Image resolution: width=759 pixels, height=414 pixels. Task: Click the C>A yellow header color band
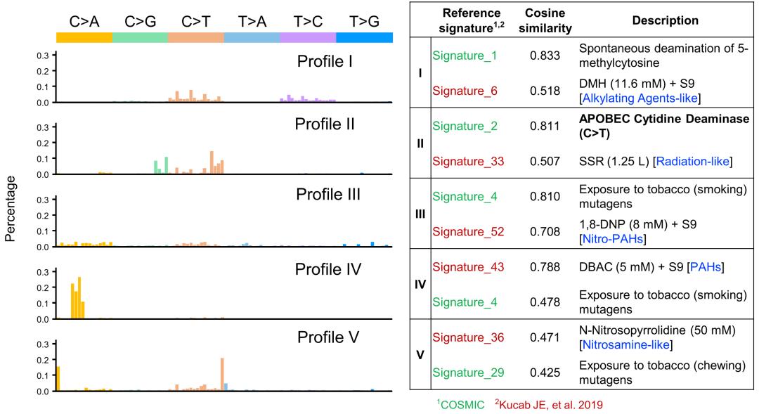coord(84,37)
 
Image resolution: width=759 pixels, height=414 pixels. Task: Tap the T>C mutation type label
coord(309,21)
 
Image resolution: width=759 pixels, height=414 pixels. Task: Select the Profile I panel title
coord(324,61)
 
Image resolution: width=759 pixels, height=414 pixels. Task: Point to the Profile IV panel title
coord(327,269)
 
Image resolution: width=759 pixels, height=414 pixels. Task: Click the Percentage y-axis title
coord(10,209)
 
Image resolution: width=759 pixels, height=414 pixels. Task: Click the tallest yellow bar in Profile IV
coord(79,298)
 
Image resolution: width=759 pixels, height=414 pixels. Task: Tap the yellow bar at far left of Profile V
coord(58,379)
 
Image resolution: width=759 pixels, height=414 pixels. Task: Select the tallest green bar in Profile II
coord(166,165)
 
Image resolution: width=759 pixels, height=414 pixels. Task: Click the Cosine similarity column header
coord(545,21)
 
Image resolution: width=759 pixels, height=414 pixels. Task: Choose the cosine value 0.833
coord(545,56)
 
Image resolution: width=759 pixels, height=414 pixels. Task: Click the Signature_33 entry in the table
coord(468,161)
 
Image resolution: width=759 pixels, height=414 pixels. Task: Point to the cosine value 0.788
coord(545,267)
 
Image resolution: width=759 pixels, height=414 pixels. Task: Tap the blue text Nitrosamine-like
coord(626,344)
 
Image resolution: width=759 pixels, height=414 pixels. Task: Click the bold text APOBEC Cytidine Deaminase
coord(664,119)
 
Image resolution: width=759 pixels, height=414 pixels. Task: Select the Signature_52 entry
coord(468,232)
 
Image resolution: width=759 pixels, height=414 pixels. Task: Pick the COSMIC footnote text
coord(462,405)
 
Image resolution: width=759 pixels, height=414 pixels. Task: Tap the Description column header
coord(665,20)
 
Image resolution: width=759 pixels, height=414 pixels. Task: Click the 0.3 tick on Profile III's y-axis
coord(43,200)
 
